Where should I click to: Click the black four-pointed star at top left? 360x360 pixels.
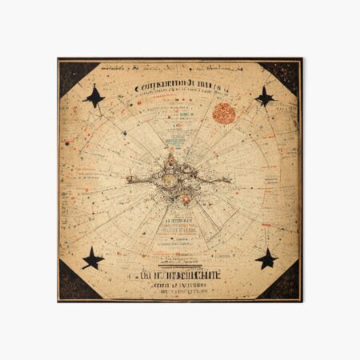[95, 98]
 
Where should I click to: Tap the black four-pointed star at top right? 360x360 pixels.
[264, 98]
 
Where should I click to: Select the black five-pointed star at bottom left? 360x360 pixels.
[94, 258]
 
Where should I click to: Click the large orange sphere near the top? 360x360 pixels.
[223, 113]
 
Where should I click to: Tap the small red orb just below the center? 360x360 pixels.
[186, 198]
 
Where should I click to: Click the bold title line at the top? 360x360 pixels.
[180, 86]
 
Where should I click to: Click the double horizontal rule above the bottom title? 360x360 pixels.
[178, 268]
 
